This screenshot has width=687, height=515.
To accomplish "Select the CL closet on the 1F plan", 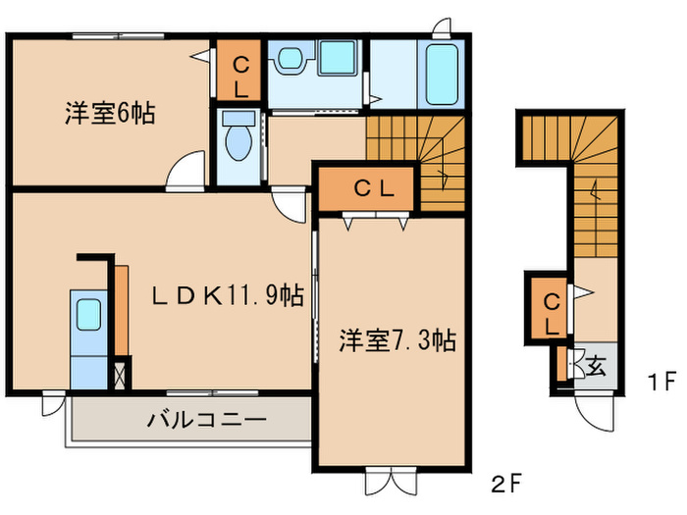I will (551, 310).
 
